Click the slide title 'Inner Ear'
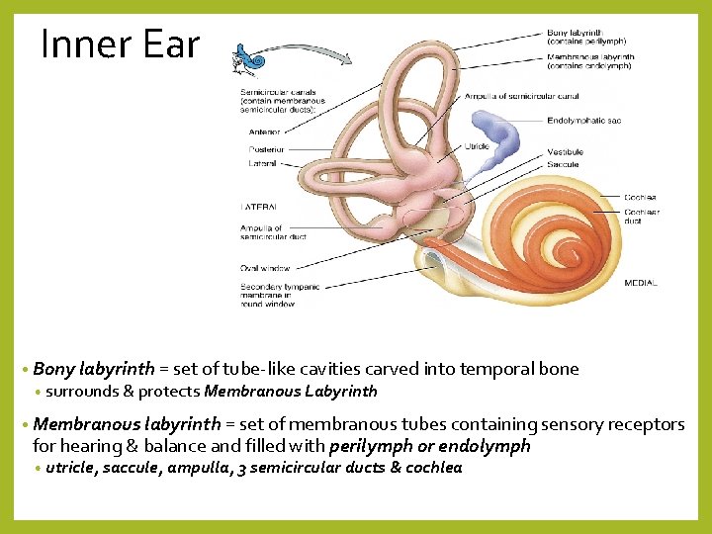(120, 44)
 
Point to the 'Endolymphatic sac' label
(583, 121)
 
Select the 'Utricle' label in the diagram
(477, 146)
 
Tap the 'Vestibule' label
(565, 152)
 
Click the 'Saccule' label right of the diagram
(563, 164)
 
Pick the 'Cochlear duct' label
(641, 216)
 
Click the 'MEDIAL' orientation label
(640, 284)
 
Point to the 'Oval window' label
(264, 268)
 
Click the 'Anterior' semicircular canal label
(265, 131)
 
